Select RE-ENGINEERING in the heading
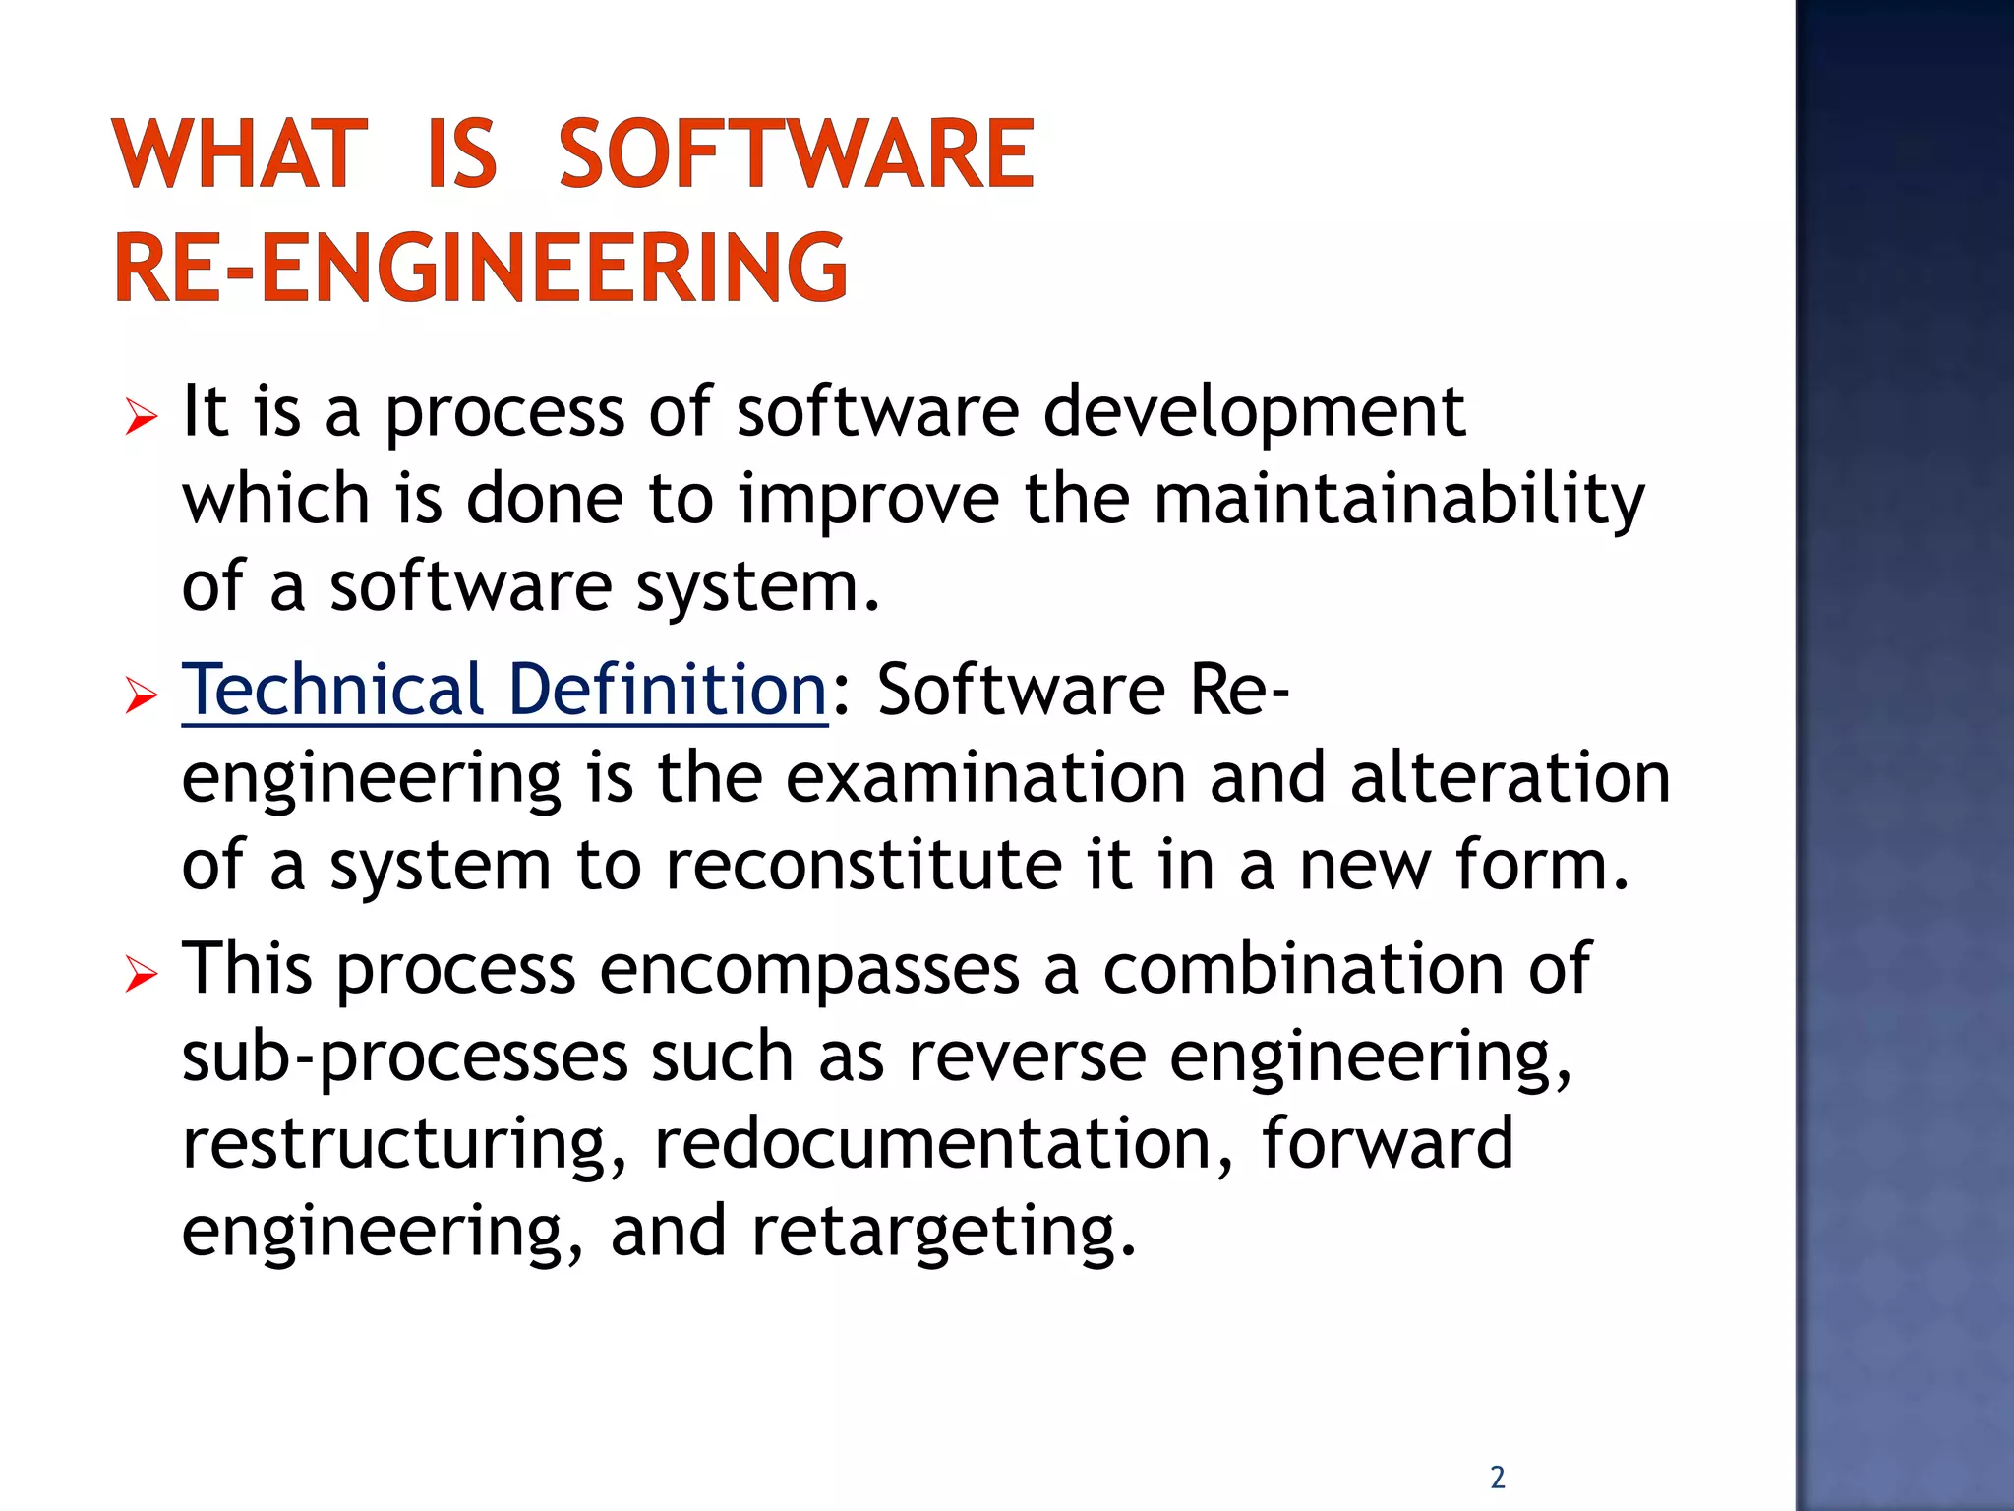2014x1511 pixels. (481, 267)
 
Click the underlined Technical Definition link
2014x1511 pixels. (504, 690)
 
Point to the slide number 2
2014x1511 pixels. (1497, 1477)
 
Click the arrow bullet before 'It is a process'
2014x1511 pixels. (142, 418)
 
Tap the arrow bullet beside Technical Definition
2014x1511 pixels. (142, 697)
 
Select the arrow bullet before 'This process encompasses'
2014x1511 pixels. (142, 976)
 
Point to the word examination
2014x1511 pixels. (985, 777)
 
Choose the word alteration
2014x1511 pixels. (1510, 777)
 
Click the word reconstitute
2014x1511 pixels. (863, 865)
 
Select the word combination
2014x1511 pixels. (1303, 968)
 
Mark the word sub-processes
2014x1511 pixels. (405, 1058)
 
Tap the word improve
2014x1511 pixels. (869, 500)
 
